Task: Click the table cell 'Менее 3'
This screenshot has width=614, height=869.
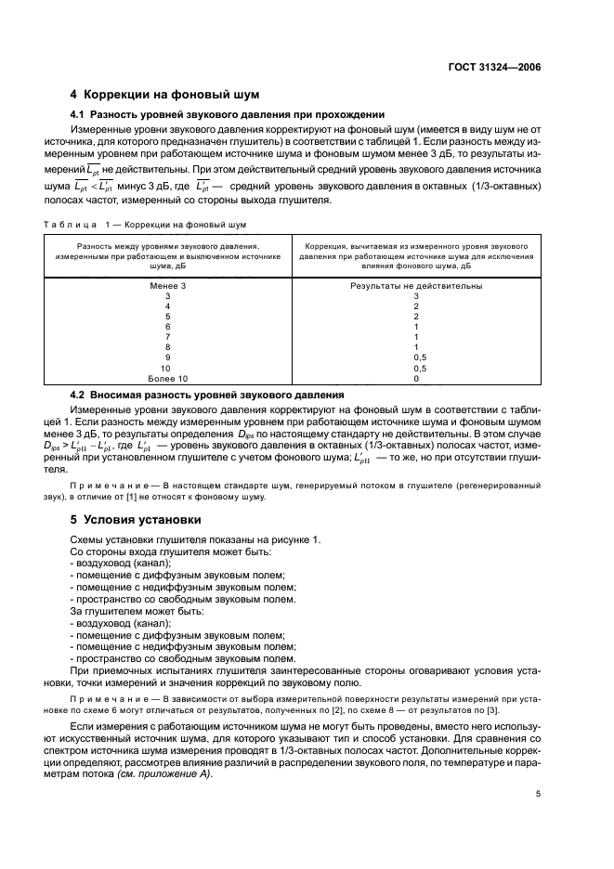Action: pyautogui.click(x=167, y=286)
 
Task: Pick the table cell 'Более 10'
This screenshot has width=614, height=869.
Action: pyautogui.click(x=167, y=379)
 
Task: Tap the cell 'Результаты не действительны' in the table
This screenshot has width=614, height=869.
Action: pyautogui.click(x=415, y=286)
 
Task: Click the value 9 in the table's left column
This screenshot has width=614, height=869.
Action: pyautogui.click(x=167, y=357)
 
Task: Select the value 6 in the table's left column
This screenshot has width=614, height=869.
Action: pyautogui.click(x=167, y=327)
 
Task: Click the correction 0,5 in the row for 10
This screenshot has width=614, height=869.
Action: pyautogui.click(x=415, y=368)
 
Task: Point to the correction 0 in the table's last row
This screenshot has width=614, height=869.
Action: pyautogui.click(x=415, y=379)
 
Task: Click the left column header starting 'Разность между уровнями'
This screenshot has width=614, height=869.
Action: pyautogui.click(x=167, y=254)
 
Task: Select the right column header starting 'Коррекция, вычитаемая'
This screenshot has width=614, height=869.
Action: pyautogui.click(x=415, y=254)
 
